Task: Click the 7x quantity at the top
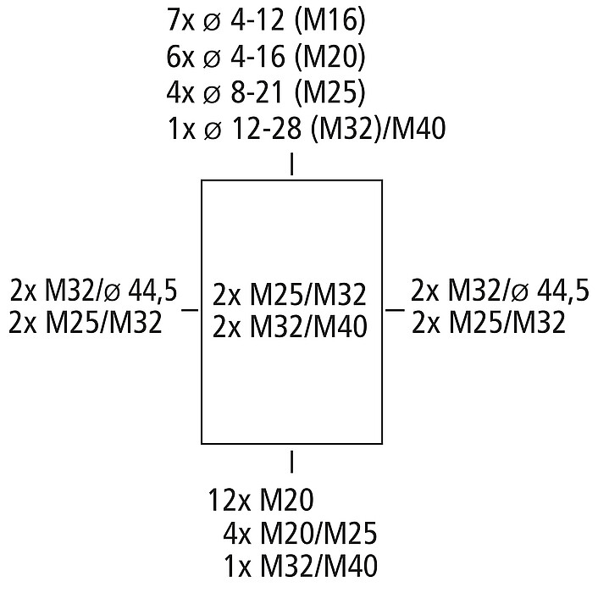182,20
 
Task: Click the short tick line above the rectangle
292,163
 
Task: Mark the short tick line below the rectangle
292,462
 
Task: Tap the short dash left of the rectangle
190,311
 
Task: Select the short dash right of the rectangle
395,311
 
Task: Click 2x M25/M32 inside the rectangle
291,296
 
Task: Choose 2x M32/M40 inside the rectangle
291,326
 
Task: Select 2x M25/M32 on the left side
86,323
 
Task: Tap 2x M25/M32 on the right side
488,323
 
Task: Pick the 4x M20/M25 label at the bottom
300,535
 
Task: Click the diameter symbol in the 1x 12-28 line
214,130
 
